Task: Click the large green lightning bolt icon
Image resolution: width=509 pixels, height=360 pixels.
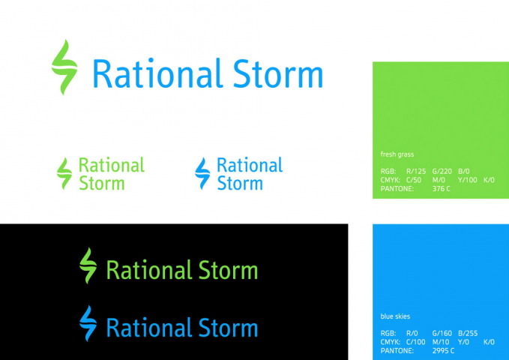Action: tap(64, 67)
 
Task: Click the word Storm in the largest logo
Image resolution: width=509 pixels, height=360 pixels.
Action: tap(277, 75)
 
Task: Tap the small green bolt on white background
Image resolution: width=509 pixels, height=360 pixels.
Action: tap(65, 173)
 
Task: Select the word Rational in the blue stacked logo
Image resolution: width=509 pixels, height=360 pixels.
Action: tap(250, 165)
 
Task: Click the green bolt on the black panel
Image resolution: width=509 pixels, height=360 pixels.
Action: tap(88, 265)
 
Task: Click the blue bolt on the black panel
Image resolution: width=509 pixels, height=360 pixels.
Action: tap(88, 323)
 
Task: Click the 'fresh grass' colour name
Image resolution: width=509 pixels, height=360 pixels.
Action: tap(397, 154)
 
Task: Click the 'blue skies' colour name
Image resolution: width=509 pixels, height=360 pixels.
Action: tap(395, 316)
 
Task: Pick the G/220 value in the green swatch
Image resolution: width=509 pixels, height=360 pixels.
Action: tap(442, 172)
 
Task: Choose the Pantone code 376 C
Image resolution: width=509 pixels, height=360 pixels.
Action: tap(442, 188)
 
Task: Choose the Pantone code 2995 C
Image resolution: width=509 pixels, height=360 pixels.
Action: tap(444, 350)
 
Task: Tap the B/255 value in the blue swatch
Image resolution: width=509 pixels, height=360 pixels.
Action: tap(466, 333)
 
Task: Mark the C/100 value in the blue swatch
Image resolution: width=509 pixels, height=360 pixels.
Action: tap(417, 342)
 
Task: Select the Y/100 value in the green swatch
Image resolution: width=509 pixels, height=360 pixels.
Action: tap(467, 180)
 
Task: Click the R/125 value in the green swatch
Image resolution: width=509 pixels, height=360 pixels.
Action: tap(416, 172)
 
